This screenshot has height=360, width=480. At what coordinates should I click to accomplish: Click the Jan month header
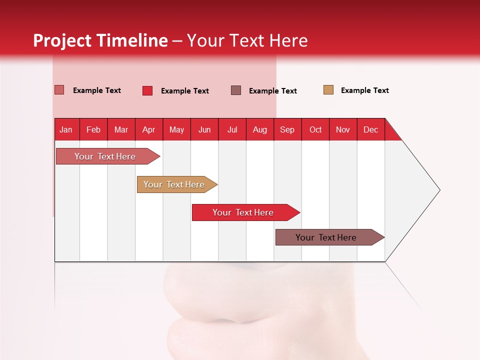point(66,129)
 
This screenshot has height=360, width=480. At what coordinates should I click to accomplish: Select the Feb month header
point(93,129)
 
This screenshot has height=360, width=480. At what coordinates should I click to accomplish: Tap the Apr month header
point(149,129)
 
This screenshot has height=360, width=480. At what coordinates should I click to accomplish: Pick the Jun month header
point(204,129)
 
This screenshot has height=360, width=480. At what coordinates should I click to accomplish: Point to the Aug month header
point(260,129)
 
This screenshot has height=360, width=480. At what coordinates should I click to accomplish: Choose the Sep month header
point(287,129)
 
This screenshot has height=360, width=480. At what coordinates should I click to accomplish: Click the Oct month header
point(315,129)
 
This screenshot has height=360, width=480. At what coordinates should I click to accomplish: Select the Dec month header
point(371,129)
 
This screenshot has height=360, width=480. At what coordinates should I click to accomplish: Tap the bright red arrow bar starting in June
point(243,212)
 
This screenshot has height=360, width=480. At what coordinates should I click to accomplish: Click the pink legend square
point(59,90)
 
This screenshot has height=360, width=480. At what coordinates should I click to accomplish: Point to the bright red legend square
point(147,90)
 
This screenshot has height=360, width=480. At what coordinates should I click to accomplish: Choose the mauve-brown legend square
point(236,90)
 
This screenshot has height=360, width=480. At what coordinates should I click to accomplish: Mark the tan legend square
point(328,90)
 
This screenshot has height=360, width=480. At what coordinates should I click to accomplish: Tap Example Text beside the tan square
point(364,90)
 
